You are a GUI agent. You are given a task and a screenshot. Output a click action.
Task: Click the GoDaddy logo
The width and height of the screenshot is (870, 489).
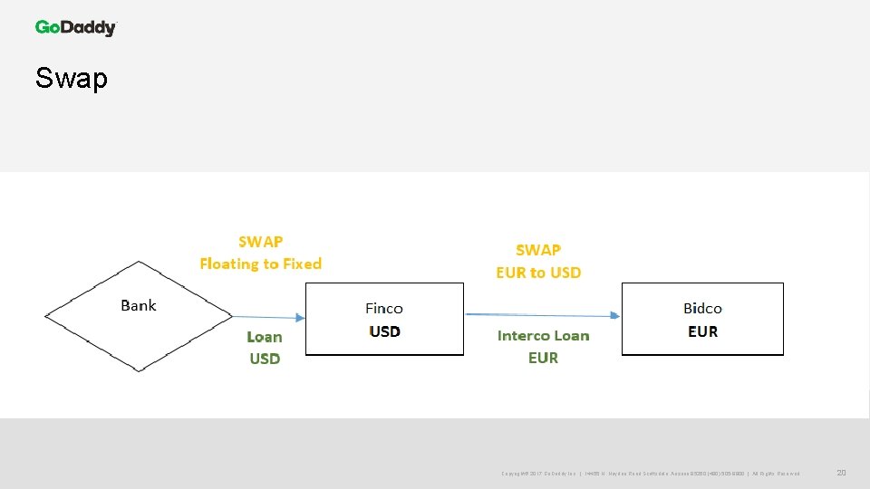(76, 27)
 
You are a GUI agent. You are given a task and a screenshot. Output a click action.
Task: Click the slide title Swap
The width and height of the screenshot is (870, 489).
(72, 79)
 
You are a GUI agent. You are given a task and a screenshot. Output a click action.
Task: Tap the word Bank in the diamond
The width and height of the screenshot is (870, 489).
(139, 305)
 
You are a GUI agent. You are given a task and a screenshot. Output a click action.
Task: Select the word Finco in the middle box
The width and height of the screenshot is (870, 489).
(384, 309)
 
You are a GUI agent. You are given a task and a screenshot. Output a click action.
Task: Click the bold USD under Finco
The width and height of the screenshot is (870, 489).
(385, 331)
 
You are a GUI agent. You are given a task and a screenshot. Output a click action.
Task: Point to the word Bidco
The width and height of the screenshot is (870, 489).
(702, 309)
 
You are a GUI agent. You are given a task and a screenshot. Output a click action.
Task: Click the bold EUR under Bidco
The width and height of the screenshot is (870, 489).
(703, 331)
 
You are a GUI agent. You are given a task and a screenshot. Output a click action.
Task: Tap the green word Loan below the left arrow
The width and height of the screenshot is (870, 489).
(265, 337)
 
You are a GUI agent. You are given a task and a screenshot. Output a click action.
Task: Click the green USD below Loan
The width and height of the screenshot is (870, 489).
(265, 359)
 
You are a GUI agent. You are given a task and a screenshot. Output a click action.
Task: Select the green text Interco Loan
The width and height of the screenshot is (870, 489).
(543, 336)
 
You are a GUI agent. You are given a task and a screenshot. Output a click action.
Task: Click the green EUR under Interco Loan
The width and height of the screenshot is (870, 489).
(543, 358)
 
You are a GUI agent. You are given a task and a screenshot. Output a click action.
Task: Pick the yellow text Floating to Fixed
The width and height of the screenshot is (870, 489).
(260, 264)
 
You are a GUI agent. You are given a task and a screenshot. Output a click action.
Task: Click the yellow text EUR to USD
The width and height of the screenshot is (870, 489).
(538, 272)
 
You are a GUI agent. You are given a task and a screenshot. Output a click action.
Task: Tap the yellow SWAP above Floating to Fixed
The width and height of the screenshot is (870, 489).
(260, 242)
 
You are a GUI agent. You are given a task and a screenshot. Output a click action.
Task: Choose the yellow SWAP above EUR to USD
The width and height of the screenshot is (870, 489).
(538, 250)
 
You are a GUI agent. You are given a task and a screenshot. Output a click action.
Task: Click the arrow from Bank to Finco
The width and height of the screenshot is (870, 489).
(268, 317)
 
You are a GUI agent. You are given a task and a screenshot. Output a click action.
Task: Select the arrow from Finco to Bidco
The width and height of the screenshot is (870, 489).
(542, 315)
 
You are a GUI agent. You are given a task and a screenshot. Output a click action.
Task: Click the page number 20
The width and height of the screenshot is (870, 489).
(841, 473)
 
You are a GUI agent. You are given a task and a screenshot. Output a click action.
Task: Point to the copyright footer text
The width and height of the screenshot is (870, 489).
(650, 474)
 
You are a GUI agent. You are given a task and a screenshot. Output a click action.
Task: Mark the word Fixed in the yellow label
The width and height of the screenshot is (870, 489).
(303, 264)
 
